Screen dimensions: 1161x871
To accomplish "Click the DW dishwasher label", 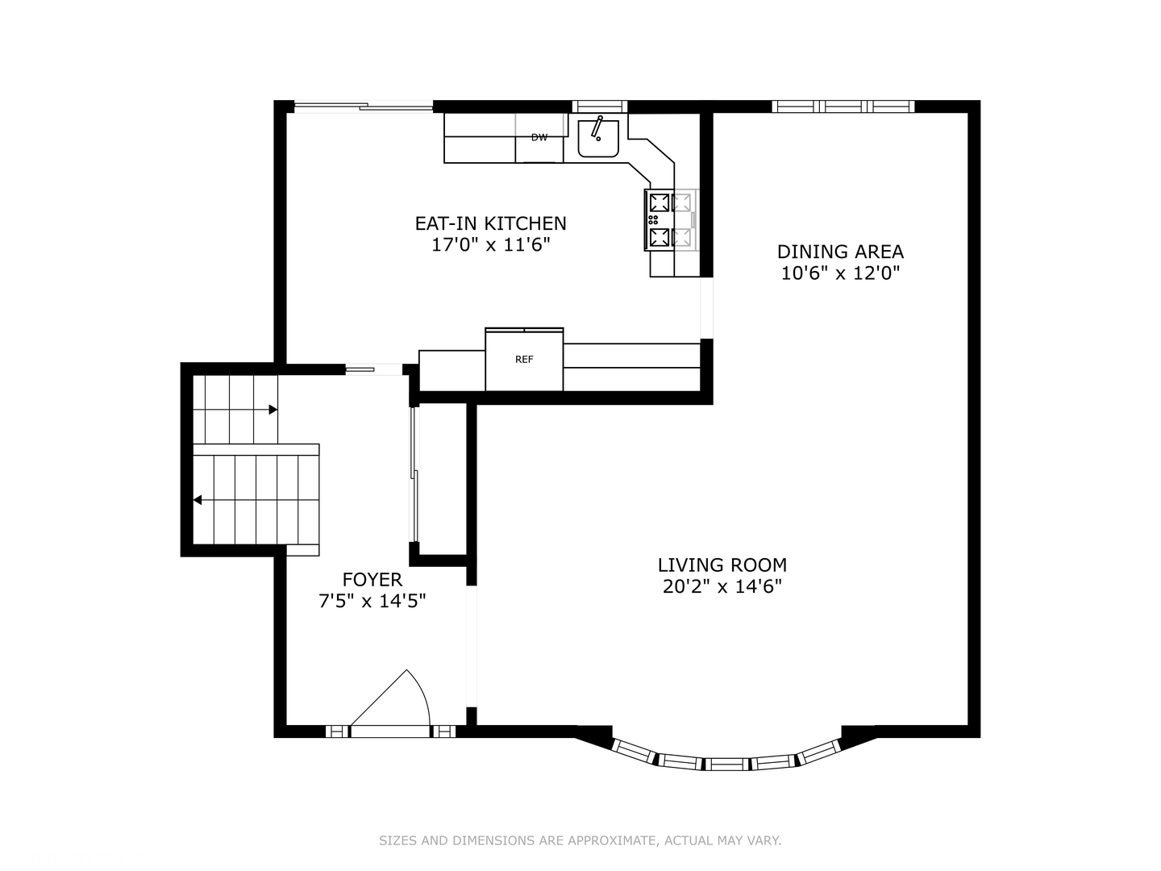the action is tap(539, 137).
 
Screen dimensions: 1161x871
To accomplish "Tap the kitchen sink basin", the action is tap(597, 138).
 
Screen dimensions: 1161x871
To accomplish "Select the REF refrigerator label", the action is tap(523, 360).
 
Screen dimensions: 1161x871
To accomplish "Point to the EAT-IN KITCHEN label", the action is tap(490, 223).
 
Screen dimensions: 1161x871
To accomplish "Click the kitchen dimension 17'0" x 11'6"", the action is tap(491, 245).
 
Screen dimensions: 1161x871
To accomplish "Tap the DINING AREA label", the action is tap(840, 251).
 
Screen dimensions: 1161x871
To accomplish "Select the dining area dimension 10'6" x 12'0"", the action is tap(840, 273).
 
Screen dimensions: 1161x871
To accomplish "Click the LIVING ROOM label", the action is tap(722, 565).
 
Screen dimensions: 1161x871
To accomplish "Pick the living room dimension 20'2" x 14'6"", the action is tap(722, 586).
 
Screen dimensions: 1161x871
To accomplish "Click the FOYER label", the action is tap(372, 580).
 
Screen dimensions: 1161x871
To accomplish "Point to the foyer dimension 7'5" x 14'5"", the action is tap(372, 602).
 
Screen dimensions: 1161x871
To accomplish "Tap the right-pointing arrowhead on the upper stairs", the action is tap(273, 410).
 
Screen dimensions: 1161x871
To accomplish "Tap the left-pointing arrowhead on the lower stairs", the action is tap(198, 500).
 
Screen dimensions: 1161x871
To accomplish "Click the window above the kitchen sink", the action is tap(599, 106).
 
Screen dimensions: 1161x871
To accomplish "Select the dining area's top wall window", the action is tap(843, 106).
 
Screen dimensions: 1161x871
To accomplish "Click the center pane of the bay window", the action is tap(726, 764).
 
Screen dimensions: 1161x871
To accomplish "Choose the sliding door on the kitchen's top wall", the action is tap(364, 106).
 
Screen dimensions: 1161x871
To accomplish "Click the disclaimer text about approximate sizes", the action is tap(580, 840).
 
